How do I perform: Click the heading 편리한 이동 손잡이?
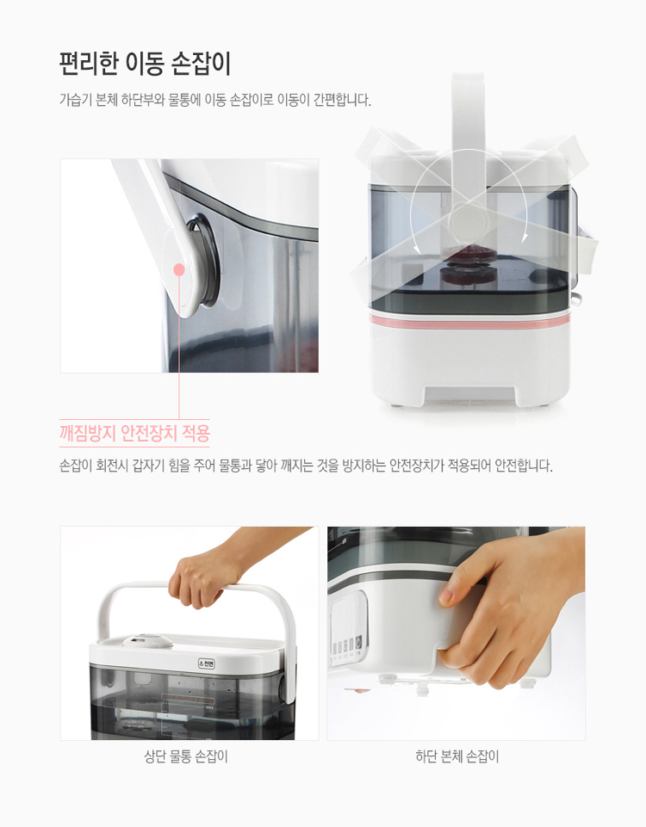[145, 65]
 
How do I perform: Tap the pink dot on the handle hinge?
[179, 269]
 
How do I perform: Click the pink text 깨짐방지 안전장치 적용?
[134, 433]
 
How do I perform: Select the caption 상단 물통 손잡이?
[186, 756]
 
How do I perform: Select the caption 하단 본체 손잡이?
[457, 756]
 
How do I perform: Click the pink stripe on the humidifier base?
[469, 320]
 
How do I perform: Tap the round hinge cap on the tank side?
[469, 221]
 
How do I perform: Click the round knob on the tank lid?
[148, 641]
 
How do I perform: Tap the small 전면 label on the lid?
[207, 663]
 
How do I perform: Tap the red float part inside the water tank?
[469, 264]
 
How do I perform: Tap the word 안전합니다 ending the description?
[523, 466]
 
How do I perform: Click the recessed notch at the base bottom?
[469, 394]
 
